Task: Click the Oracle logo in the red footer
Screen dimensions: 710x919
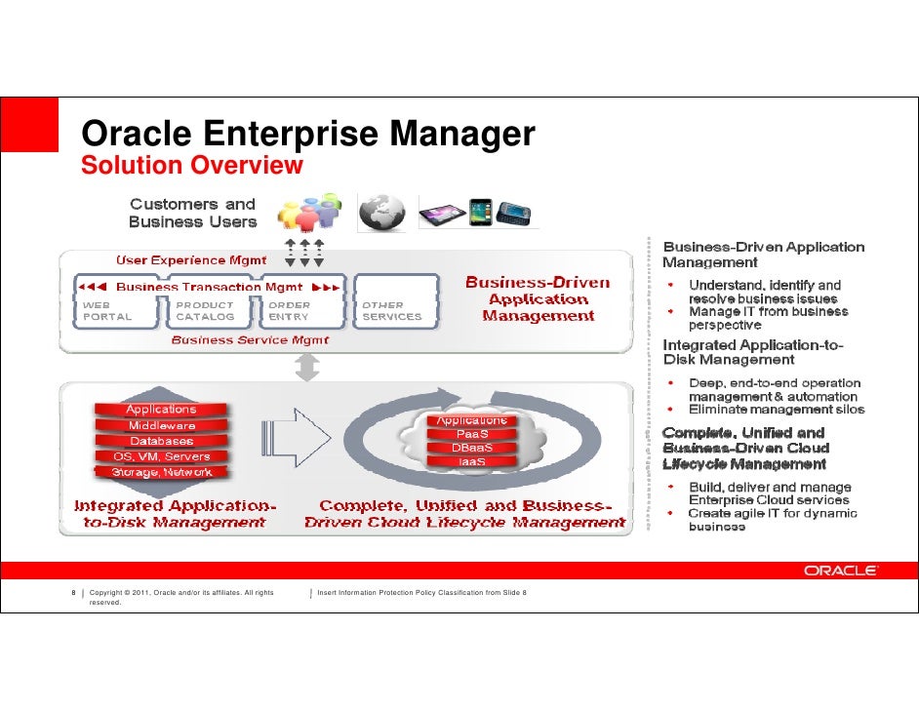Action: [x=840, y=571]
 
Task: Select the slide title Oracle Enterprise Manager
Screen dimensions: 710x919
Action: [x=308, y=134]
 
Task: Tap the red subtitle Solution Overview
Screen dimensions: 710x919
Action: [x=193, y=166]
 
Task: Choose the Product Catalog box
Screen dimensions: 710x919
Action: [x=205, y=310]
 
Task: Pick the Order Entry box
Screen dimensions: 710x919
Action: [x=289, y=310]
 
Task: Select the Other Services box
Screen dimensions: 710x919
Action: [x=391, y=310]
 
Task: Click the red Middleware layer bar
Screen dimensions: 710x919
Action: [x=162, y=425]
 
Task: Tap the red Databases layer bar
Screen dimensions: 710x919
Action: [x=162, y=441]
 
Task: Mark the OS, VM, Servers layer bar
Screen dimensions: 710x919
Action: [x=162, y=456]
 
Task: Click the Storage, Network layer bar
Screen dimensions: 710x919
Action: [x=162, y=472]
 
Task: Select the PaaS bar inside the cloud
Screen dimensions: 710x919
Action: [x=472, y=434]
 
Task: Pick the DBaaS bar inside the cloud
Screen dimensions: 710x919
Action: [x=472, y=448]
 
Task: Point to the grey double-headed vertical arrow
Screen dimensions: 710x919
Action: [x=308, y=368]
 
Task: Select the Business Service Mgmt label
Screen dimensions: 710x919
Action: [x=250, y=340]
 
